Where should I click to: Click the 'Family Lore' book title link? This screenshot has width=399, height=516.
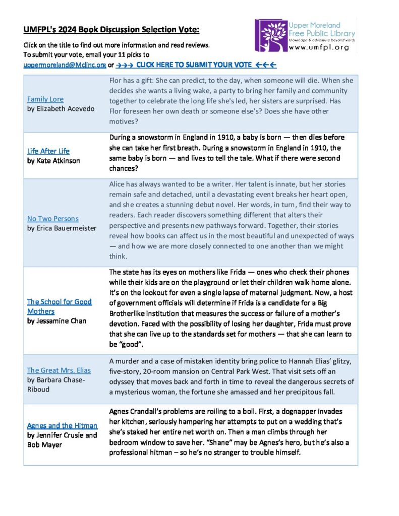pos(45,99)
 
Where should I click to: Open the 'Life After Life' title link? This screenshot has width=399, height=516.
pos(48,151)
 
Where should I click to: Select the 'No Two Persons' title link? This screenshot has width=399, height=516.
pos(52,219)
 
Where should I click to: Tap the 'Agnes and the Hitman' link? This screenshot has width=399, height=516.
pos(62,426)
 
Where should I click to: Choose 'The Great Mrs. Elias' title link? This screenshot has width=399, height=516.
pos(59,370)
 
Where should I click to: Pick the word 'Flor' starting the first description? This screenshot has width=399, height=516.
pos(116,81)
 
